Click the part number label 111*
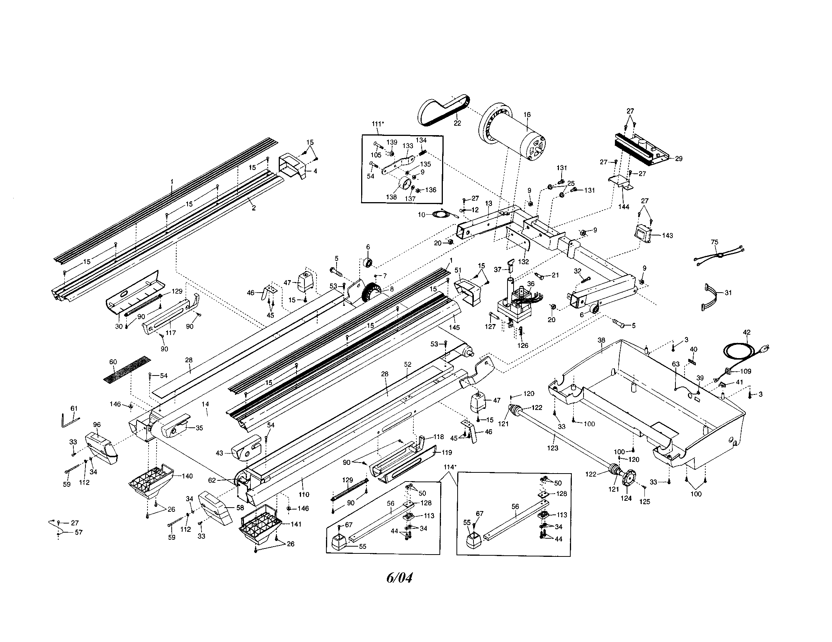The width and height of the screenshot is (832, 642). [378, 123]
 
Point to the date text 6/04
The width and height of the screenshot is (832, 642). [399, 578]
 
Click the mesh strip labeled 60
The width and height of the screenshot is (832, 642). [127, 369]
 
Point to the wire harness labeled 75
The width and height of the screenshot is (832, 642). [718, 255]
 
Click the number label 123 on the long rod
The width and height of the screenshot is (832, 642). [553, 448]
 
